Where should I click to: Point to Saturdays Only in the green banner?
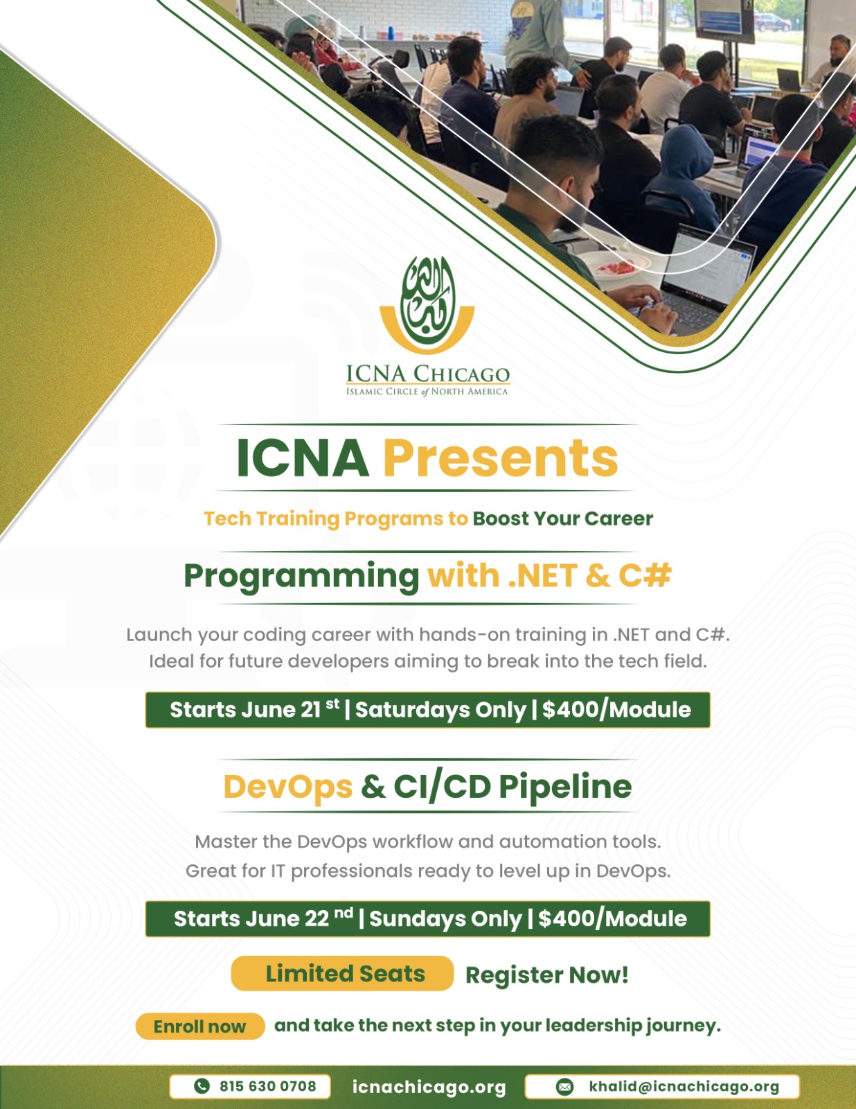(x=440, y=710)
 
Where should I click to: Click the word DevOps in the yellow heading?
(x=288, y=787)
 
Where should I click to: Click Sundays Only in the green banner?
(x=445, y=919)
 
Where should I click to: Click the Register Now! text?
(x=546, y=975)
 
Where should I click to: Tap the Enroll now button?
(x=200, y=1027)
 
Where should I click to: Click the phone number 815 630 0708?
(x=267, y=1086)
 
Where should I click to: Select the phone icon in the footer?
(x=202, y=1086)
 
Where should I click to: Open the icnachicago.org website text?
(x=429, y=1087)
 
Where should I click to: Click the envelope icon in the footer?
(x=564, y=1087)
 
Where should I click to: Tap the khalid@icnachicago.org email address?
(x=684, y=1087)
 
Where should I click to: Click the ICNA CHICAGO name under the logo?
(x=428, y=374)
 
